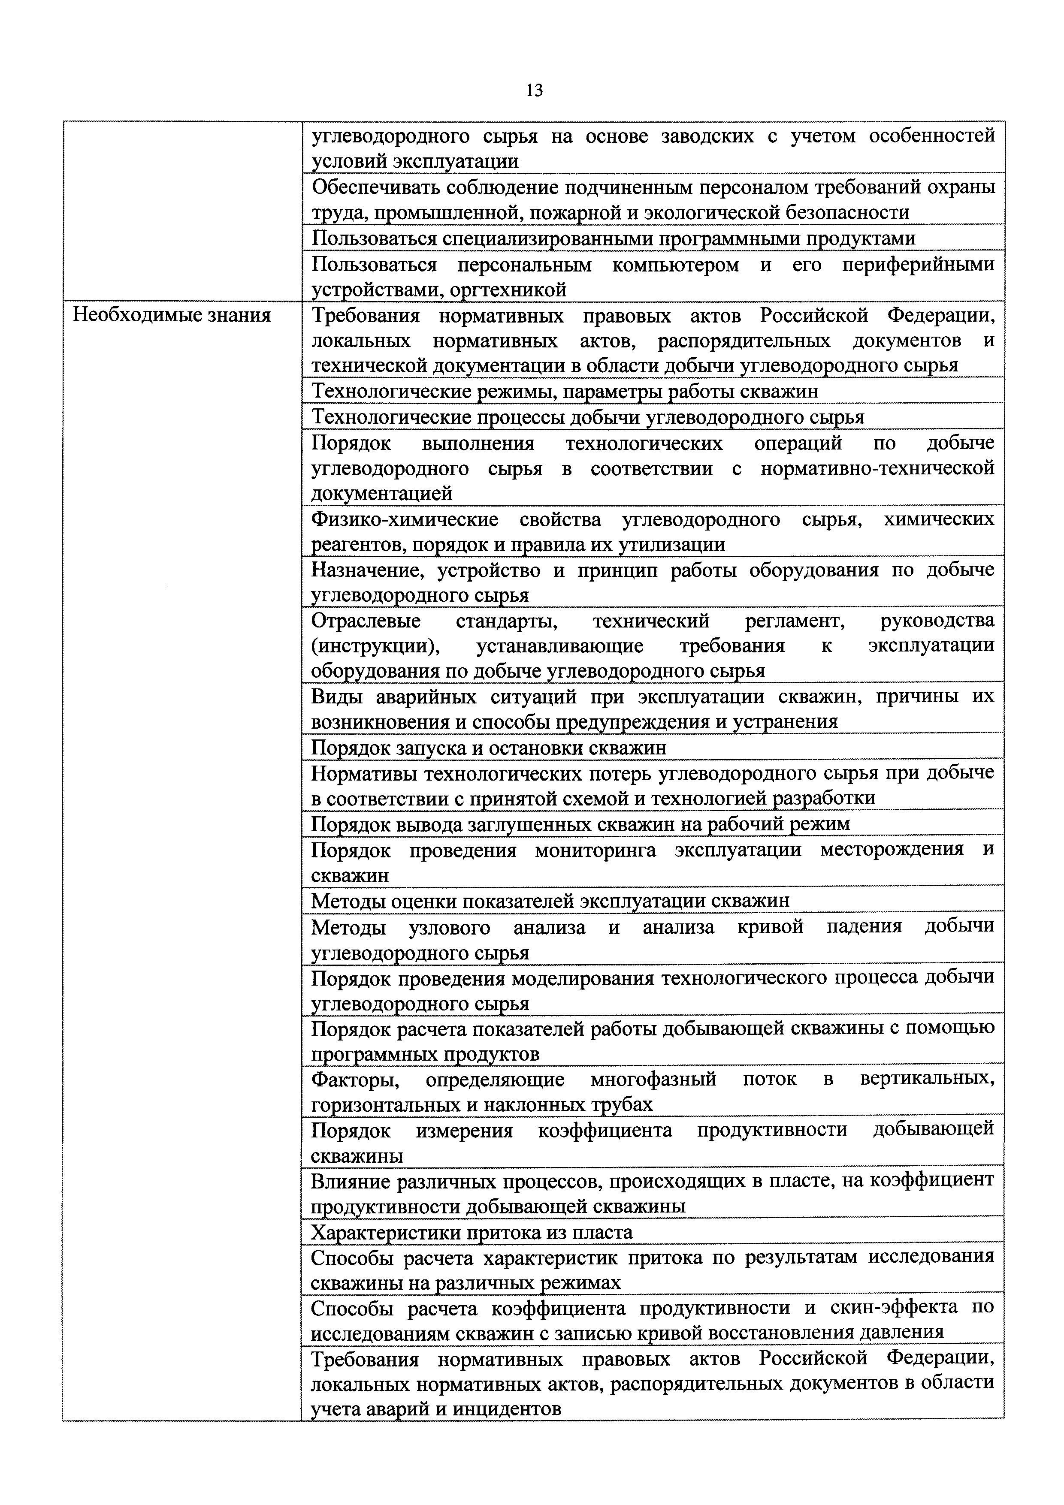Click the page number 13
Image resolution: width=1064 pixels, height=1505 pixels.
tap(534, 90)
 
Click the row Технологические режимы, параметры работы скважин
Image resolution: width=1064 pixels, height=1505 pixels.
tap(565, 391)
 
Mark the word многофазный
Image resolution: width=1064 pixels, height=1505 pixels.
tap(653, 1080)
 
